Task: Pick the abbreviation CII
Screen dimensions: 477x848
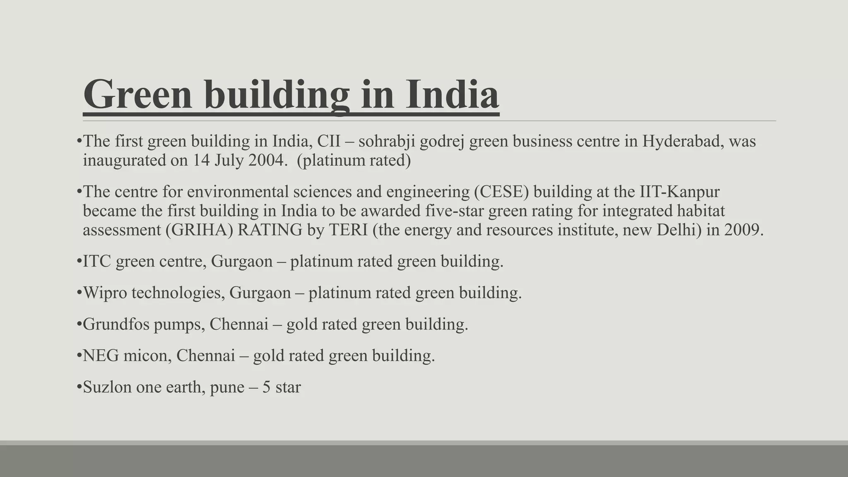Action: (x=329, y=142)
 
